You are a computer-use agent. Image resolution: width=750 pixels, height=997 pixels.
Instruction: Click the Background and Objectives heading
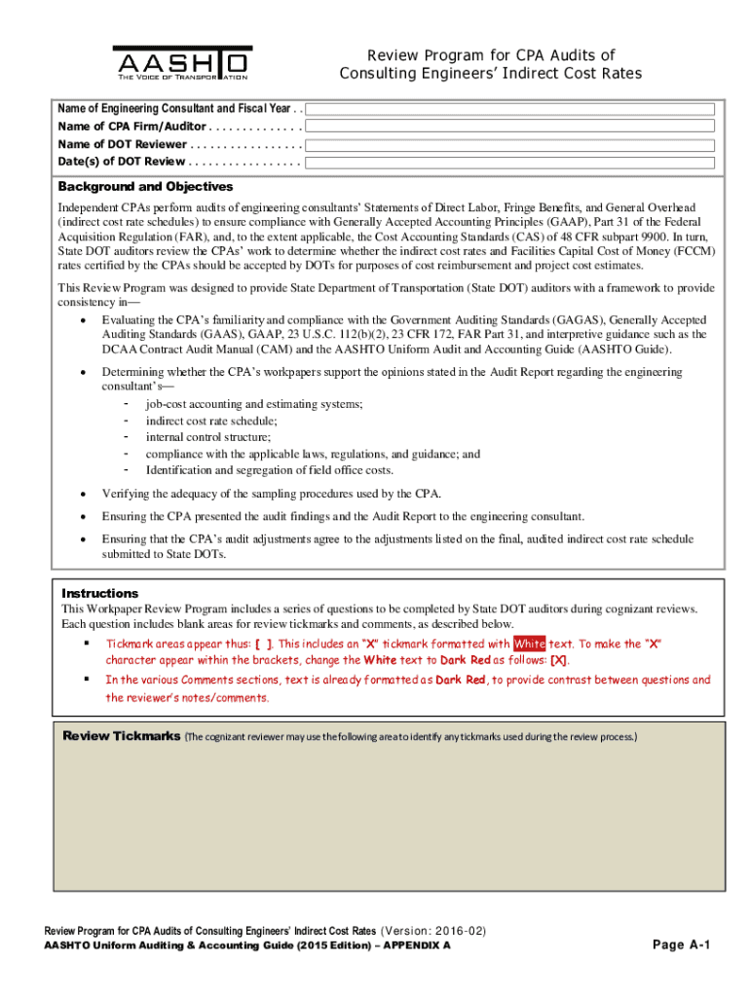tap(145, 187)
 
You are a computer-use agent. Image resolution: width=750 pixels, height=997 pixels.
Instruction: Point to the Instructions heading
tap(100, 593)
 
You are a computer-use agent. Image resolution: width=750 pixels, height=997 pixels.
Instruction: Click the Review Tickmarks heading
tap(121, 736)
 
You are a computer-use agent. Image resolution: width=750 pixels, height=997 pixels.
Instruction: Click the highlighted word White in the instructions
tap(530, 644)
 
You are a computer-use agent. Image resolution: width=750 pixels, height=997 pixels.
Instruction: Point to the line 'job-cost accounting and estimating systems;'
tap(254, 404)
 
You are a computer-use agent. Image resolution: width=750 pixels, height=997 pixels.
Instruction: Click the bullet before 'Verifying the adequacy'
tap(85, 494)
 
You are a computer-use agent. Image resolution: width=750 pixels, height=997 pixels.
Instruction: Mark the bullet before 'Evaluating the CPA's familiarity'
tap(85, 320)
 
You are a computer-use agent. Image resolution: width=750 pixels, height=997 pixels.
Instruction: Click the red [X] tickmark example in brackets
tap(559, 660)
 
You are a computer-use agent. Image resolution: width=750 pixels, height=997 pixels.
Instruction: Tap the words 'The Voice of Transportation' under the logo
tap(182, 77)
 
